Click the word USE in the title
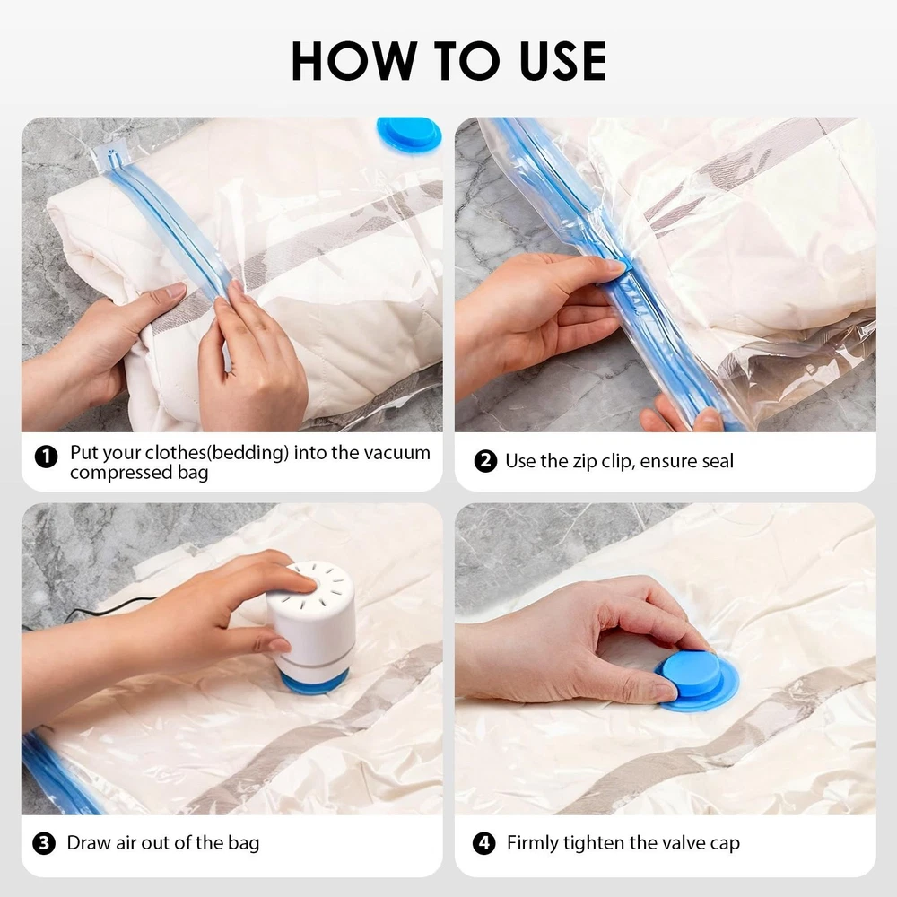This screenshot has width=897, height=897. [x=563, y=61]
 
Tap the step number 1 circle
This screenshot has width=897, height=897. [x=47, y=457]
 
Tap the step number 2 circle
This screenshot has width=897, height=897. [x=485, y=461]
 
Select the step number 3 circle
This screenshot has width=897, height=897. [x=44, y=843]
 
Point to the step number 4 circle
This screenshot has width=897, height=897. [x=484, y=843]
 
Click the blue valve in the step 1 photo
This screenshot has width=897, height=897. [x=409, y=135]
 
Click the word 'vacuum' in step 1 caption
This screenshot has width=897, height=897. [x=397, y=453]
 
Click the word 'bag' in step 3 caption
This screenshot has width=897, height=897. [x=244, y=844]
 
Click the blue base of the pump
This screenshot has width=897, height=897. [x=314, y=681]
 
